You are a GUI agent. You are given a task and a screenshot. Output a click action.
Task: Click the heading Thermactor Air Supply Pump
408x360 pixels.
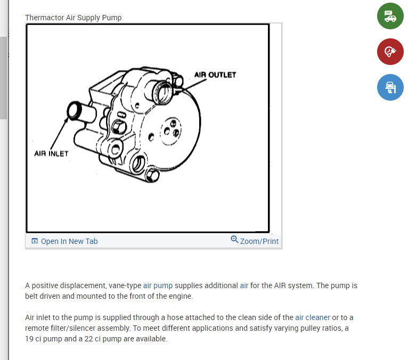[73, 18]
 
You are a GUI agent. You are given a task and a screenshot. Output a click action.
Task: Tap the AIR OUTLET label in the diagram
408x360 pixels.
[215, 75]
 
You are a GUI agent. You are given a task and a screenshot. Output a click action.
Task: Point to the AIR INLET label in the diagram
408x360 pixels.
[51, 153]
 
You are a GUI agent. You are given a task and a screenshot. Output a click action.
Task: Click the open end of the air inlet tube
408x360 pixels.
[75, 111]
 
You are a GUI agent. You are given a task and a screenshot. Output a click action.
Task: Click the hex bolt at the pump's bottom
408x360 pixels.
[153, 175]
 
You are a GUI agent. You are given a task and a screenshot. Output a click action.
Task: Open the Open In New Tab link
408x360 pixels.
[69, 241]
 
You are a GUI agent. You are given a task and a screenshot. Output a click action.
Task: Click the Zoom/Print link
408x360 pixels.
[259, 241]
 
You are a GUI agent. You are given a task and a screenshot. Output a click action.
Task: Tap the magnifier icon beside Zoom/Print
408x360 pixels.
[234, 240]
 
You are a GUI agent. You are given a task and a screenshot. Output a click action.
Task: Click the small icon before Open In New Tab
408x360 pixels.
[35, 241]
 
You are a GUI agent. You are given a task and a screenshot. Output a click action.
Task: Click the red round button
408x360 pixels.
[390, 52]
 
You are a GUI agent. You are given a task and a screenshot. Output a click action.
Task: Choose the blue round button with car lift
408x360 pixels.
[390, 87]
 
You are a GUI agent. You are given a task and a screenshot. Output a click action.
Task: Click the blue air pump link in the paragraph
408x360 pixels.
[158, 285]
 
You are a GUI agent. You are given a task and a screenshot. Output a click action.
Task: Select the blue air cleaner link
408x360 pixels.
[313, 317]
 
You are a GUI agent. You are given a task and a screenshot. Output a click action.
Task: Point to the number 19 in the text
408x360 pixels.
[30, 339]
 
